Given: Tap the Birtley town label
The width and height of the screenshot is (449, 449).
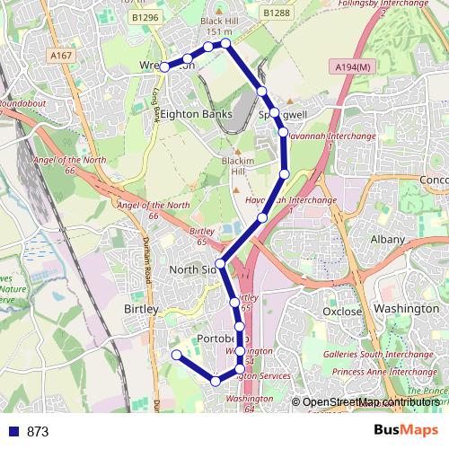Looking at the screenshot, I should [139, 309].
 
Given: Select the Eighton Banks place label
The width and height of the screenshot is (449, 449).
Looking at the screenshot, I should [196, 114].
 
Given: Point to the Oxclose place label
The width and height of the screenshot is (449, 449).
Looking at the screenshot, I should [342, 312].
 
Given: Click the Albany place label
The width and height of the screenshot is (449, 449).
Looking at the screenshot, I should [388, 240].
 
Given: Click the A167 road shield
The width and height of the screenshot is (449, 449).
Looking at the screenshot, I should [61, 56].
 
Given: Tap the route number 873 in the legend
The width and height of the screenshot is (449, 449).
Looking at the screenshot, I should [38, 432].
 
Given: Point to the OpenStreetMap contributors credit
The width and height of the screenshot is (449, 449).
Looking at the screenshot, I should [370, 403].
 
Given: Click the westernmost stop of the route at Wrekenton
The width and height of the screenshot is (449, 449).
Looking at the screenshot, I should [164, 67].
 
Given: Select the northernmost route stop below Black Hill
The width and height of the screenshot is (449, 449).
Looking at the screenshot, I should [226, 43].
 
